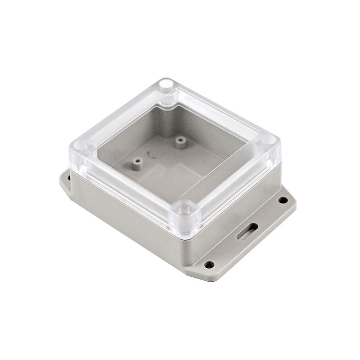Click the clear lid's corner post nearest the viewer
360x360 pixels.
point(184,209)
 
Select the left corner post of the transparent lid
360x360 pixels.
point(82,145)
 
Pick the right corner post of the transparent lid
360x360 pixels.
point(269,139)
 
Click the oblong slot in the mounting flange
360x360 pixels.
point(247,230)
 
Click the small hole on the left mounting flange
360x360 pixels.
point(69,178)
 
